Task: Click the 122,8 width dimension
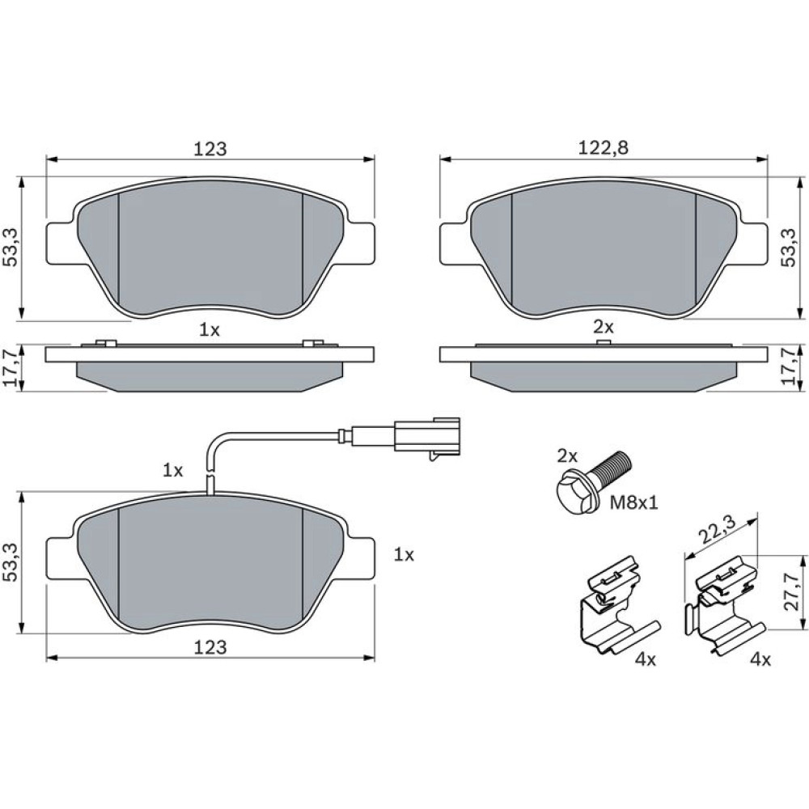coord(604,148)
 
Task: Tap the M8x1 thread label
coord(634,502)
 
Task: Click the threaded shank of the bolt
coord(612,464)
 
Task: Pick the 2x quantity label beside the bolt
coord(568,455)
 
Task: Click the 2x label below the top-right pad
coord(604,327)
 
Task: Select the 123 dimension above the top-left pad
coord(210,149)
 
